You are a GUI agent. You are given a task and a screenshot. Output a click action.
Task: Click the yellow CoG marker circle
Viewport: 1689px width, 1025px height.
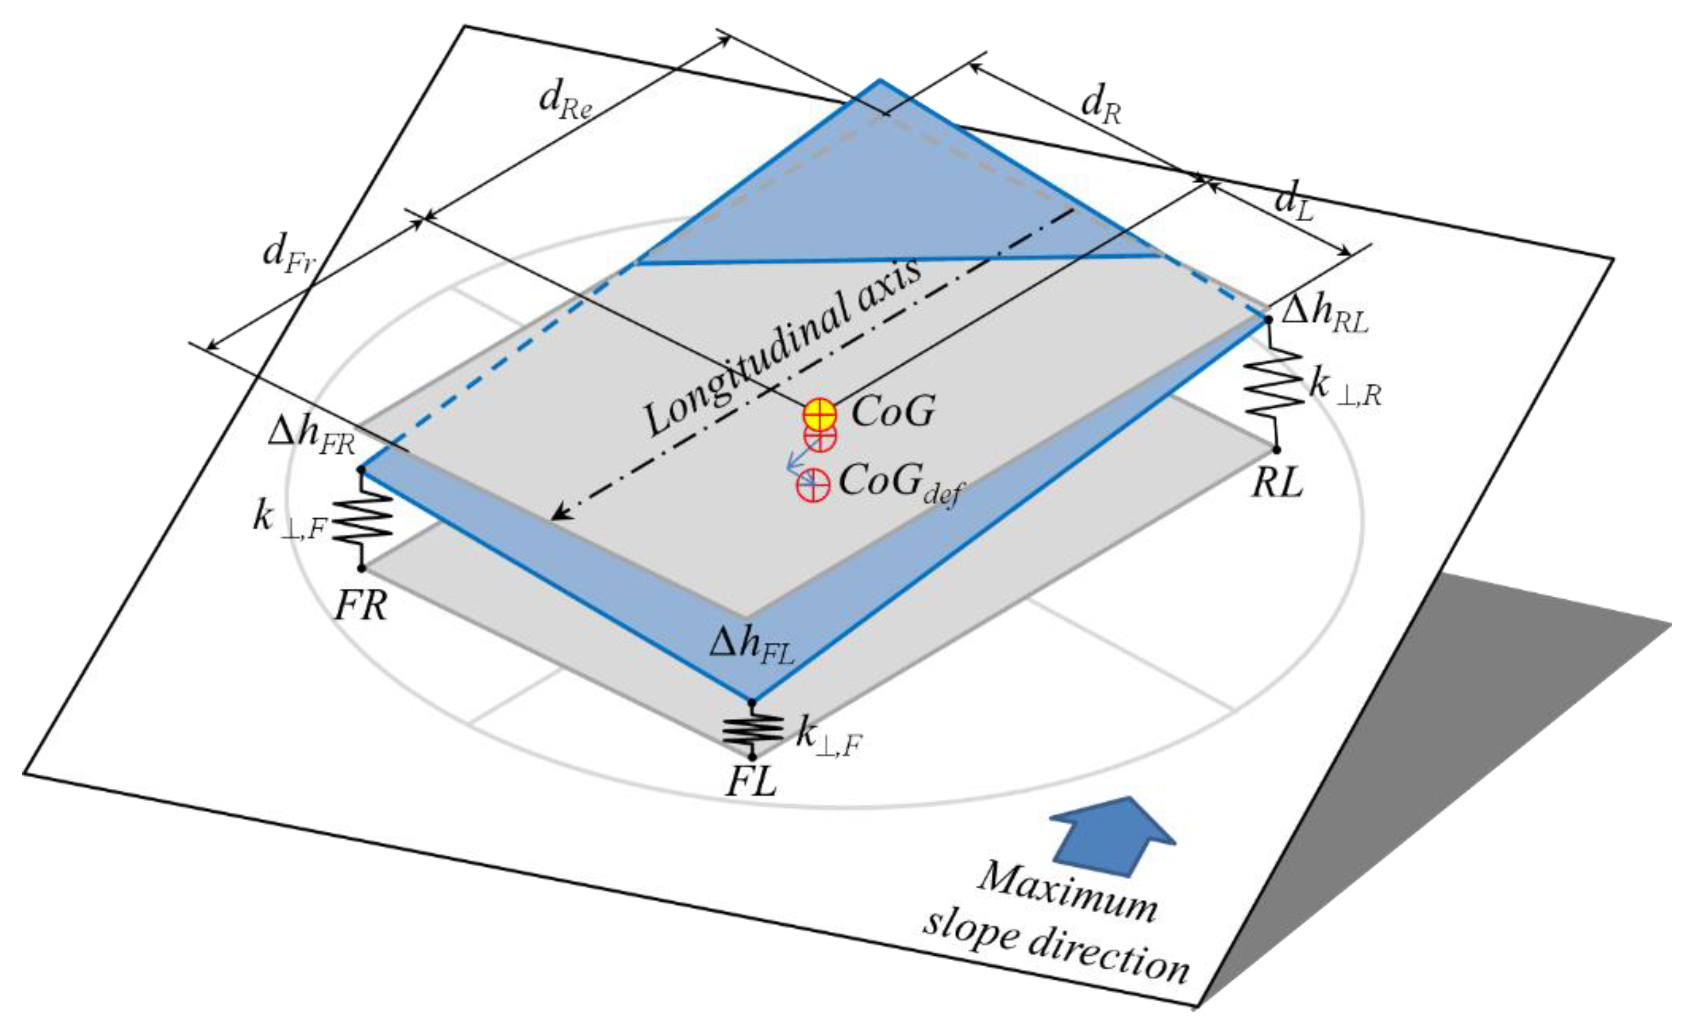pyautogui.click(x=820, y=414)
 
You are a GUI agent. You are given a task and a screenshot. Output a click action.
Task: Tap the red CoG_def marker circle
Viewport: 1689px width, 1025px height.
pyautogui.click(x=812, y=485)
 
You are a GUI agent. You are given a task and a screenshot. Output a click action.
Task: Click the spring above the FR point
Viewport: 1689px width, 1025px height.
pyautogui.click(x=363, y=519)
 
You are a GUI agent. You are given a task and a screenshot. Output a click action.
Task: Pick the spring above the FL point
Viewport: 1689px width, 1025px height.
pyautogui.click(x=753, y=729)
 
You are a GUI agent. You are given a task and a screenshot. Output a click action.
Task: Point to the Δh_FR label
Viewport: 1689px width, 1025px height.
pyautogui.click(x=311, y=436)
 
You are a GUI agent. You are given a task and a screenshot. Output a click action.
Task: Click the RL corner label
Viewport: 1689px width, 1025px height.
pyautogui.click(x=1277, y=485)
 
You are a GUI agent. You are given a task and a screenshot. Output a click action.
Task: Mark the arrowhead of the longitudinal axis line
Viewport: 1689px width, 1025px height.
pyautogui.click(x=558, y=515)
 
